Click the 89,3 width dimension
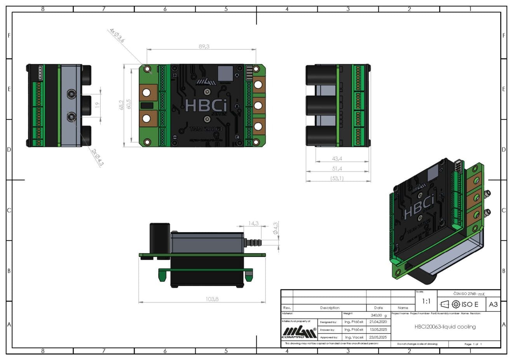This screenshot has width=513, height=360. click(x=204, y=46)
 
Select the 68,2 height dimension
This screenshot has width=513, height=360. click(x=121, y=105)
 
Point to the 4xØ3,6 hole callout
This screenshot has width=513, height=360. click(x=117, y=35)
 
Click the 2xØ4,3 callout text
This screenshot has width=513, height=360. click(x=98, y=157)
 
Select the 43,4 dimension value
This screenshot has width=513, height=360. click(x=337, y=159)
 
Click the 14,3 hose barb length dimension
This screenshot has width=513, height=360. click(x=254, y=223)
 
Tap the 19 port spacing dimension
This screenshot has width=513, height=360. click(x=98, y=105)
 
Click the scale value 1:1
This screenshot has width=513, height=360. click(x=426, y=301)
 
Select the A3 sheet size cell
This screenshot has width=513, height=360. click(x=493, y=304)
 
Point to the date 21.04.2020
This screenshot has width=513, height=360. click(x=378, y=322)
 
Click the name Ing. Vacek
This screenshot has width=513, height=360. click(x=354, y=337)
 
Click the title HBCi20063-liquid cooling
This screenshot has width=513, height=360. click(x=445, y=327)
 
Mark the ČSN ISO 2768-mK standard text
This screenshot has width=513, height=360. click(x=469, y=294)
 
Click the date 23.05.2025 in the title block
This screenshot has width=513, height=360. click(x=378, y=337)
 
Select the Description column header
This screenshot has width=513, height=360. click(x=330, y=308)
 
